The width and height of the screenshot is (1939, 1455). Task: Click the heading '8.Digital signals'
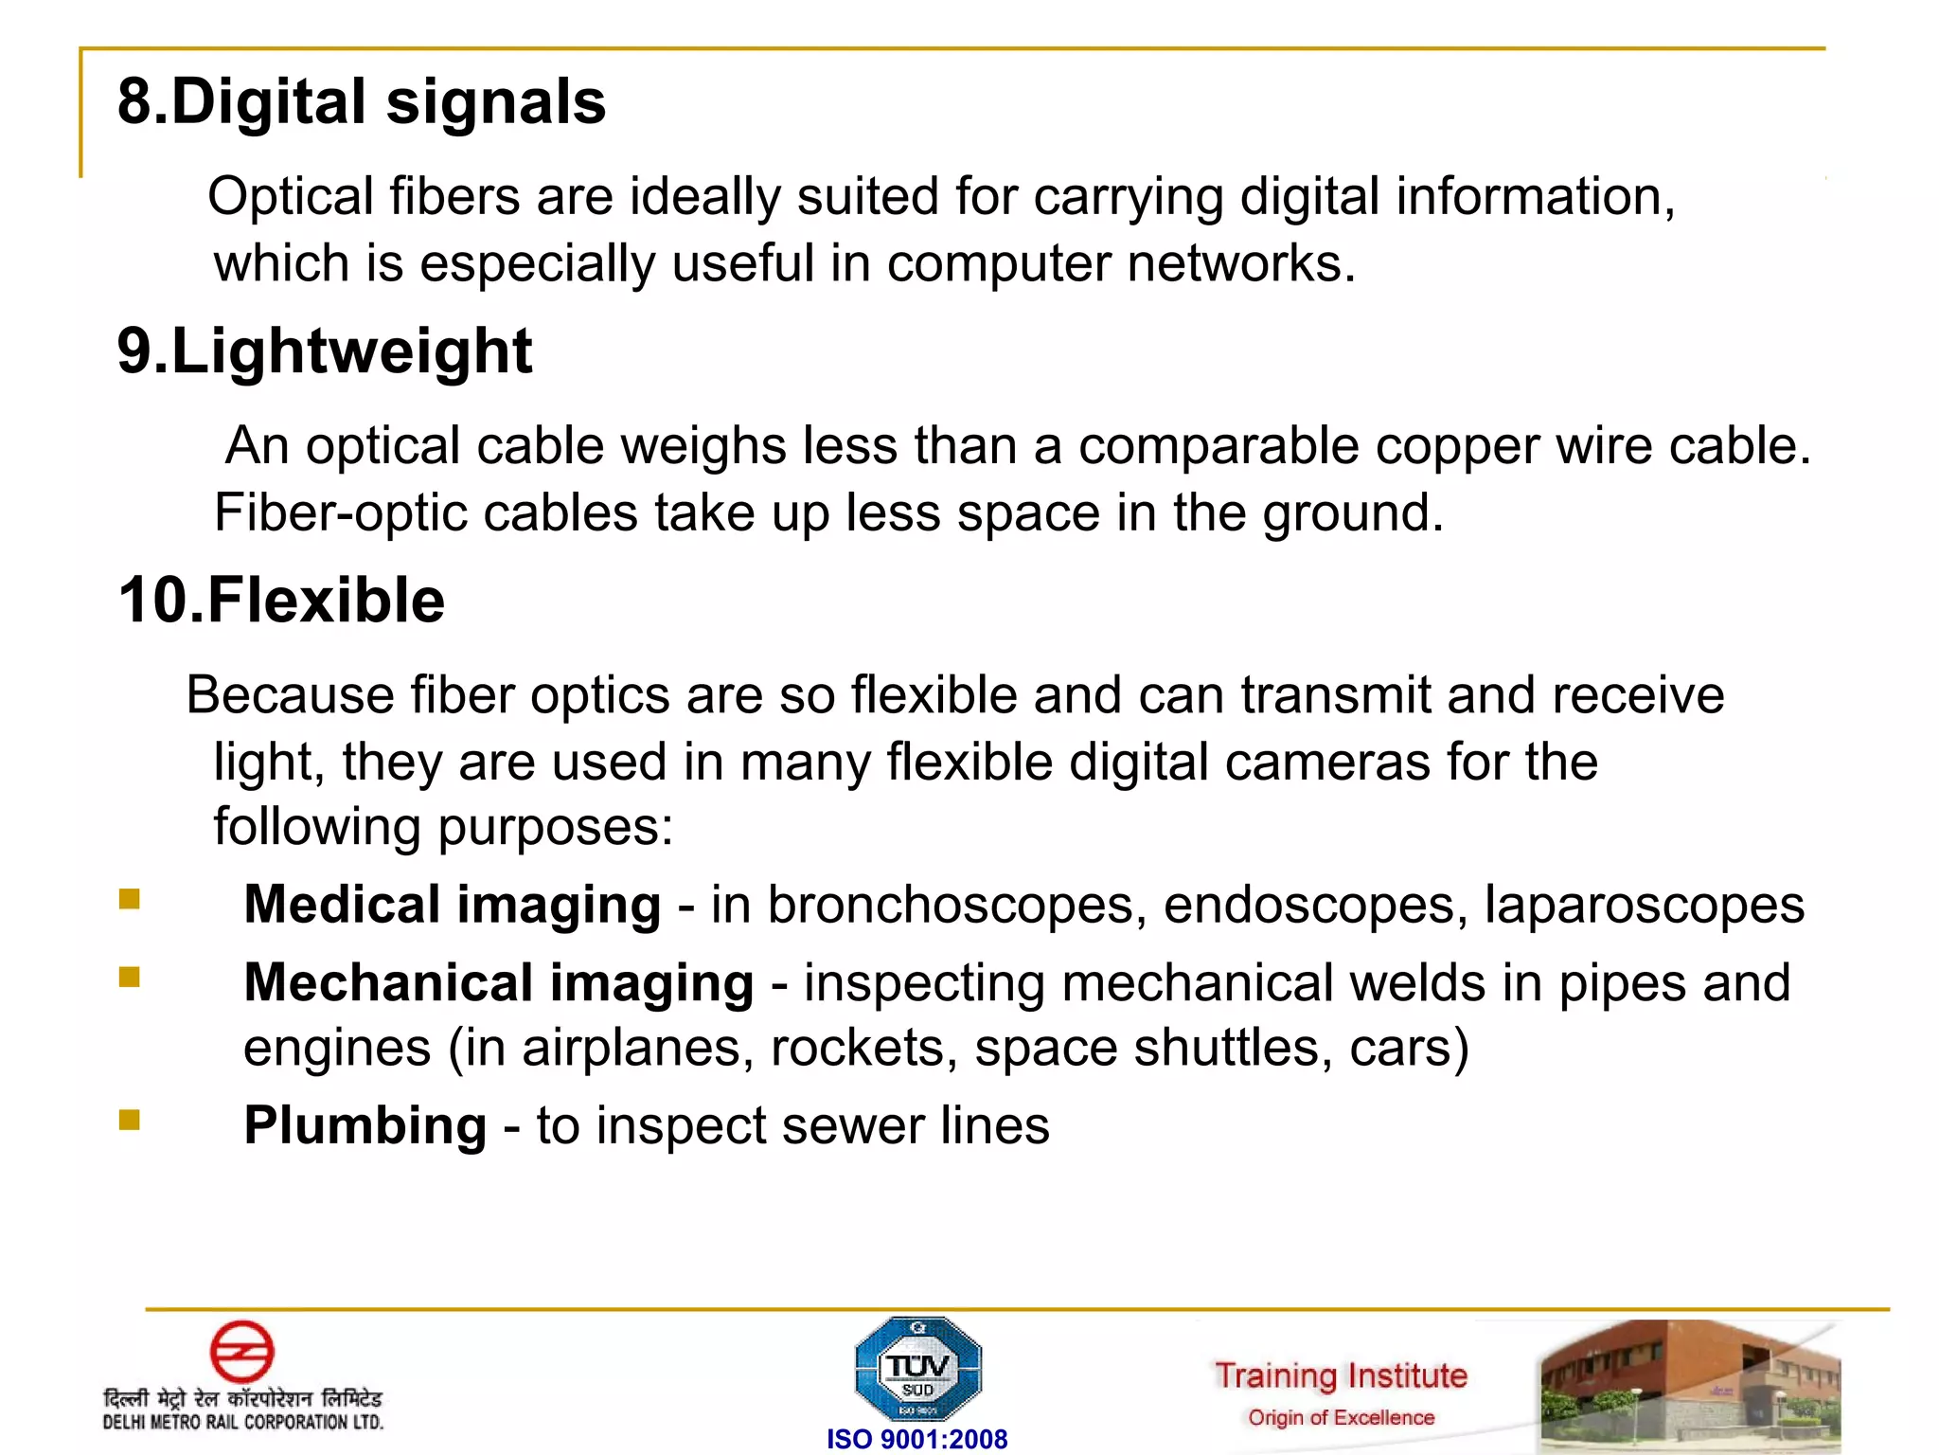(361, 101)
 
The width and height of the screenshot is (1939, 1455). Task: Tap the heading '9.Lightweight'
(325, 351)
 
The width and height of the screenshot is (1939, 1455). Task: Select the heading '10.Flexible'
(281, 601)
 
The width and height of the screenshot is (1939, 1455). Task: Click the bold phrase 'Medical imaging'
(453, 905)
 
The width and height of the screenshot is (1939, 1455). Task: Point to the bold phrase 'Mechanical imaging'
(499, 982)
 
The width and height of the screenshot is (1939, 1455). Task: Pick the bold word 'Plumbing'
(365, 1125)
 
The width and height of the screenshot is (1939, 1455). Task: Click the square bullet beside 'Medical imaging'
(130, 898)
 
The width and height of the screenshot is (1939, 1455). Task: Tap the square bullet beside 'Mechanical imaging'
(130, 977)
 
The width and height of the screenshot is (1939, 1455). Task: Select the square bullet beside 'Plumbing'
(130, 1121)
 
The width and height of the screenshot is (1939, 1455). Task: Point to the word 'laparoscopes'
(1644, 905)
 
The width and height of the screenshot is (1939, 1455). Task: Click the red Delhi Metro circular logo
(241, 1351)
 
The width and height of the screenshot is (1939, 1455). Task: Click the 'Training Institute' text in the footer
(1341, 1375)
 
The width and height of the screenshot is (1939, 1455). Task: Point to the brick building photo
(1690, 1386)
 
